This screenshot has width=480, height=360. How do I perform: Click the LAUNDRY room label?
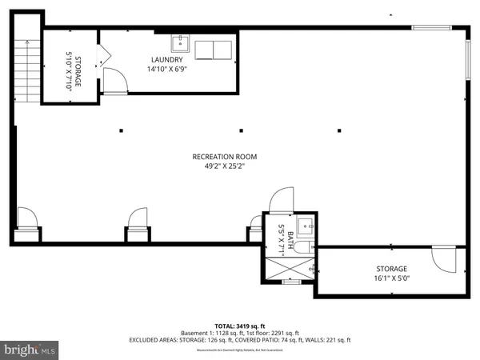(167, 60)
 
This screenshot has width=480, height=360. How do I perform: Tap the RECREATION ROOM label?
(218, 157)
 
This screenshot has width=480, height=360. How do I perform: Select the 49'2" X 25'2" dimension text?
(218, 167)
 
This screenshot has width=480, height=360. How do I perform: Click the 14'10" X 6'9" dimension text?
(167, 70)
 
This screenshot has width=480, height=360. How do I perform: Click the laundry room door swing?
(114, 78)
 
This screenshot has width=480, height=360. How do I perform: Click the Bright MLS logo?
(30, 350)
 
